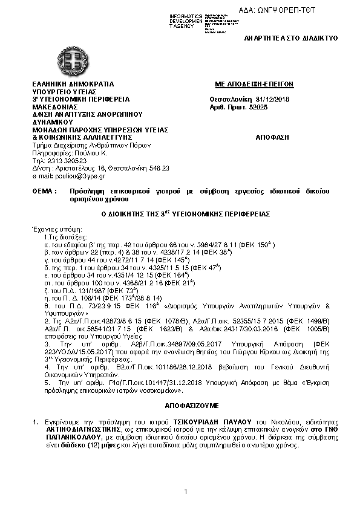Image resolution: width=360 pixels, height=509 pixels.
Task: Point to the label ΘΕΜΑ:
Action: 44,191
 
